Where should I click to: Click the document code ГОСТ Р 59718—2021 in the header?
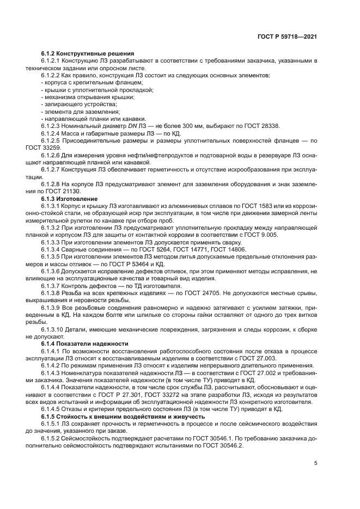pos(287,39)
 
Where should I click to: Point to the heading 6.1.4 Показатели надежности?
pos(84,344)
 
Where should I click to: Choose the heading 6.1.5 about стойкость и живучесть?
pos(112,415)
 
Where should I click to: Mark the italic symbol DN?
pos(120,125)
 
